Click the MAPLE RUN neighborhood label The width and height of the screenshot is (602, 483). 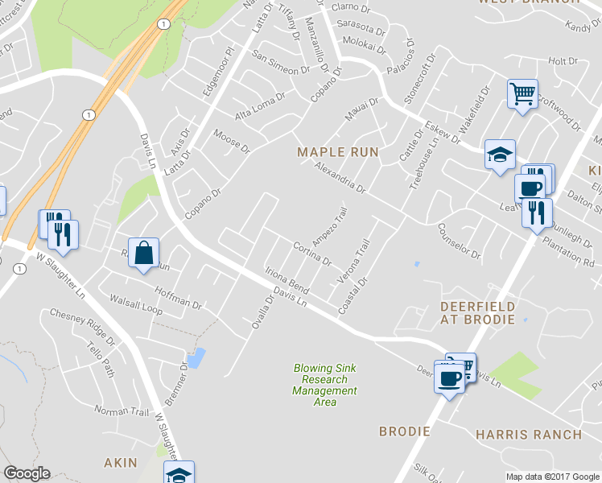pos(337,152)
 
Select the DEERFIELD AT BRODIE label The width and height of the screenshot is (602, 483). pos(477,313)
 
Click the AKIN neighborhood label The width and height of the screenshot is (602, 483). pos(121,463)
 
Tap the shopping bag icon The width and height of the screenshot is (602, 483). pos(142,254)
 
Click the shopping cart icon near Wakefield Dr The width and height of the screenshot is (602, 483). pos(522,95)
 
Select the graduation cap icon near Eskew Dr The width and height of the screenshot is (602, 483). pos(499,154)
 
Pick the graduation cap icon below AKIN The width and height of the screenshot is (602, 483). pos(179,473)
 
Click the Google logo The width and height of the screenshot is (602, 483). pos(27,474)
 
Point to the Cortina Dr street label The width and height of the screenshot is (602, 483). pos(312,254)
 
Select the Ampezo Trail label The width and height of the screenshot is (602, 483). pos(329,232)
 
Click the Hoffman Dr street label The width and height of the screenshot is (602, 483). pos(177,299)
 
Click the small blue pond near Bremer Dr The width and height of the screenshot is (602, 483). pos(196,357)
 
